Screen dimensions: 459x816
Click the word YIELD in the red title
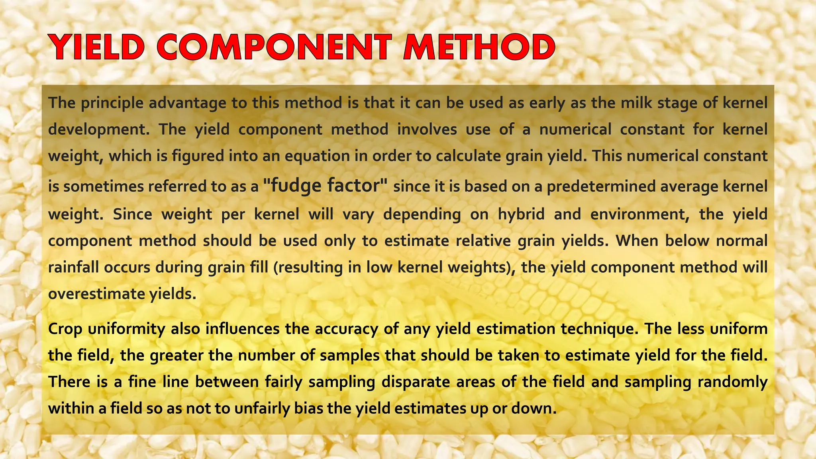point(97,47)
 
